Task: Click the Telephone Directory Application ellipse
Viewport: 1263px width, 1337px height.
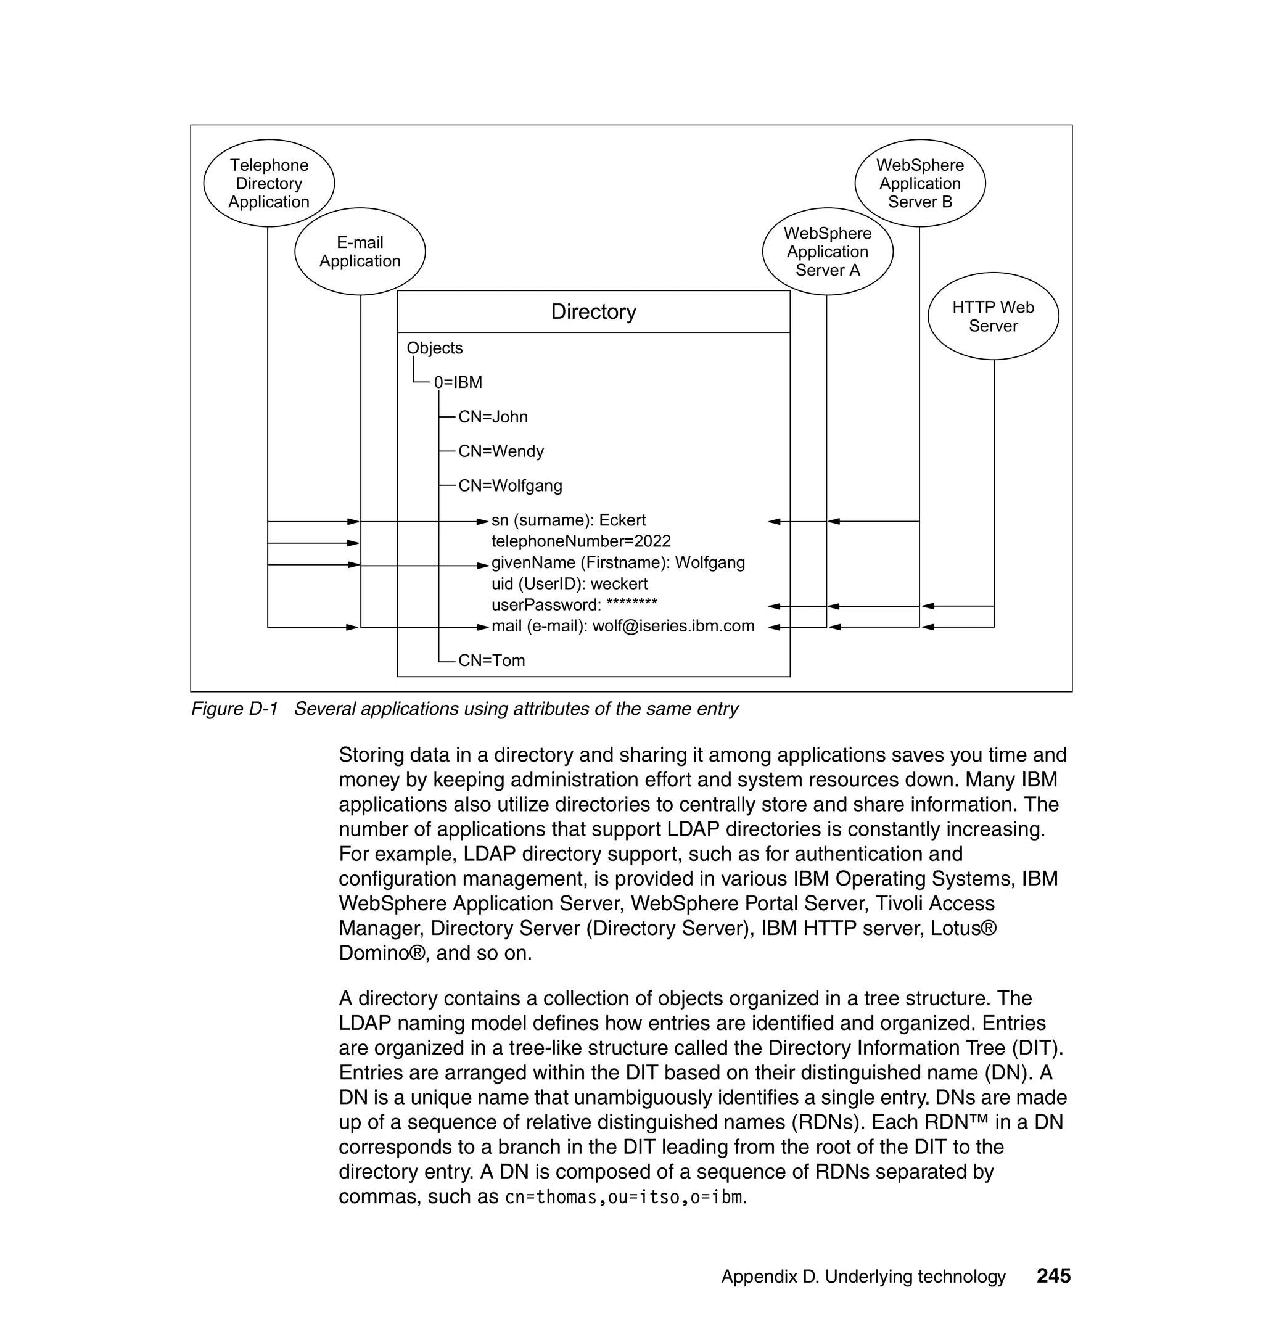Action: click(x=269, y=183)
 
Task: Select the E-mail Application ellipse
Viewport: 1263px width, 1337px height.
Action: click(x=360, y=252)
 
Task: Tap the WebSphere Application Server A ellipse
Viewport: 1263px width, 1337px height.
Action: click(x=828, y=252)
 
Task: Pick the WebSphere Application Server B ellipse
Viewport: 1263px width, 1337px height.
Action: click(x=919, y=183)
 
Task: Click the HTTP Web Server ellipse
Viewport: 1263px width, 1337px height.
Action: click(x=993, y=316)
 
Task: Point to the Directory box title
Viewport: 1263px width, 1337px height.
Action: click(x=593, y=311)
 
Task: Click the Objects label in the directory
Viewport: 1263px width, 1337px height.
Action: click(x=434, y=348)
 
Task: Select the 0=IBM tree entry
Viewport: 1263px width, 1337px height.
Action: click(x=458, y=382)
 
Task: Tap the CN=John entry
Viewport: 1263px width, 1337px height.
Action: click(x=493, y=417)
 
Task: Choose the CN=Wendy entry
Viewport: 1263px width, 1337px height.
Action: click(x=501, y=451)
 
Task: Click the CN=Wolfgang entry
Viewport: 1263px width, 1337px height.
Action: click(x=510, y=485)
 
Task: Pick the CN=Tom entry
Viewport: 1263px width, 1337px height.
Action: click(x=492, y=660)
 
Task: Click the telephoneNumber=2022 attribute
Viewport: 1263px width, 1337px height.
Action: click(x=581, y=541)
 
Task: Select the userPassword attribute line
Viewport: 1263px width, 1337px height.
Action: click(x=574, y=604)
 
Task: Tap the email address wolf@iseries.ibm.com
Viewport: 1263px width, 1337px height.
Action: click(x=673, y=626)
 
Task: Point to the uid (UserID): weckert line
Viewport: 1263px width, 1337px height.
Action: click(x=570, y=583)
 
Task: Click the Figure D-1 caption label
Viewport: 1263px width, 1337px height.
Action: click(x=234, y=709)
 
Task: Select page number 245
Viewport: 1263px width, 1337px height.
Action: click(x=1053, y=1276)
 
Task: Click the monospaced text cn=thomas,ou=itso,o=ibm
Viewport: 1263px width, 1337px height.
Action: click(x=625, y=1197)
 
